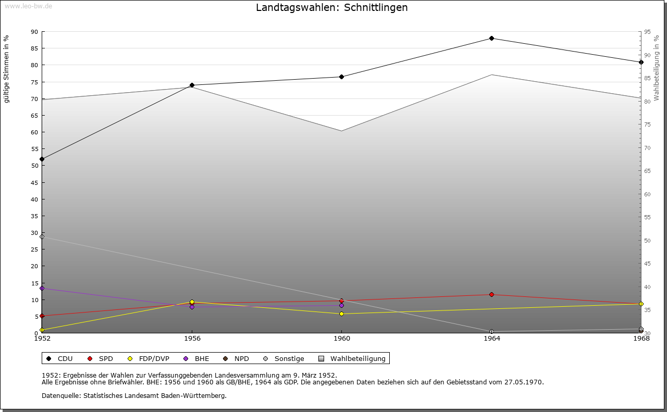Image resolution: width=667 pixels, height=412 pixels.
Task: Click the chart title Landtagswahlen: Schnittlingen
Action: point(332,8)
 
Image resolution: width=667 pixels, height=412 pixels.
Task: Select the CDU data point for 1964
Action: point(491,38)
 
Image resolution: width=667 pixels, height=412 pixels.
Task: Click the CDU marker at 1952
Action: point(42,159)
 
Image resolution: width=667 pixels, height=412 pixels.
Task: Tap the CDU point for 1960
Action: point(341,77)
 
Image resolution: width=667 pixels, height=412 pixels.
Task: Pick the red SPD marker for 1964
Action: point(491,294)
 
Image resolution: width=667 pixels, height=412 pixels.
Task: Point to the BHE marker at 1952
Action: point(42,288)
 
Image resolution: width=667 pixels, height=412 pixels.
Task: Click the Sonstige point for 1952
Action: point(42,236)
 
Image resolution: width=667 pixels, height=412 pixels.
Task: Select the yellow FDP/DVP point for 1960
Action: point(341,314)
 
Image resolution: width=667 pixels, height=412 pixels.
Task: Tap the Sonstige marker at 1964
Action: point(491,331)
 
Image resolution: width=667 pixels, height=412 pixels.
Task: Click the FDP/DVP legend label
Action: point(154,358)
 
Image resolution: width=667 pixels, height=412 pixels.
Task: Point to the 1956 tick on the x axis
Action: point(192,338)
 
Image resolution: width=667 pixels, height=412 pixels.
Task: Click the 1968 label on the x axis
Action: point(641,338)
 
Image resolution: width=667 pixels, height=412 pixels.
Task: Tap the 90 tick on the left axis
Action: point(34,32)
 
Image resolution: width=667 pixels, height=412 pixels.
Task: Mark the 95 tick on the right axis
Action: point(647,32)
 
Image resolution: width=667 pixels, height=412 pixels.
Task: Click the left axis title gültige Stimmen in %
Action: point(7,69)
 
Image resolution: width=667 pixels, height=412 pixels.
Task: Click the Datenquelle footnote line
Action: point(134,395)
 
